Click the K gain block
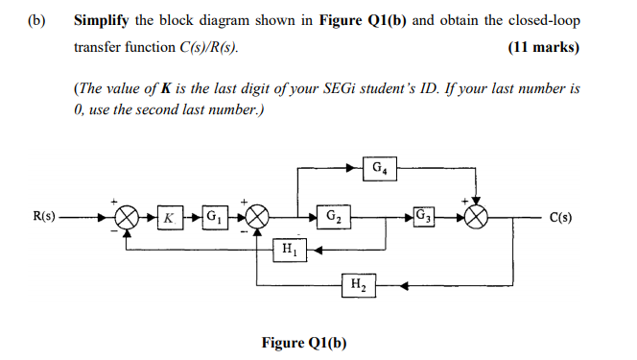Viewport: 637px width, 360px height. click(169, 217)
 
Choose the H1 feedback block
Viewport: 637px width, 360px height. click(287, 250)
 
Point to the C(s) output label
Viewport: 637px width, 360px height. click(562, 217)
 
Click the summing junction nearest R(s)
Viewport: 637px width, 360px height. click(129, 217)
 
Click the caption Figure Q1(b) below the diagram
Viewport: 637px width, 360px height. click(303, 343)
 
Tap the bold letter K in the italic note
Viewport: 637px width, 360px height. click(166, 89)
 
